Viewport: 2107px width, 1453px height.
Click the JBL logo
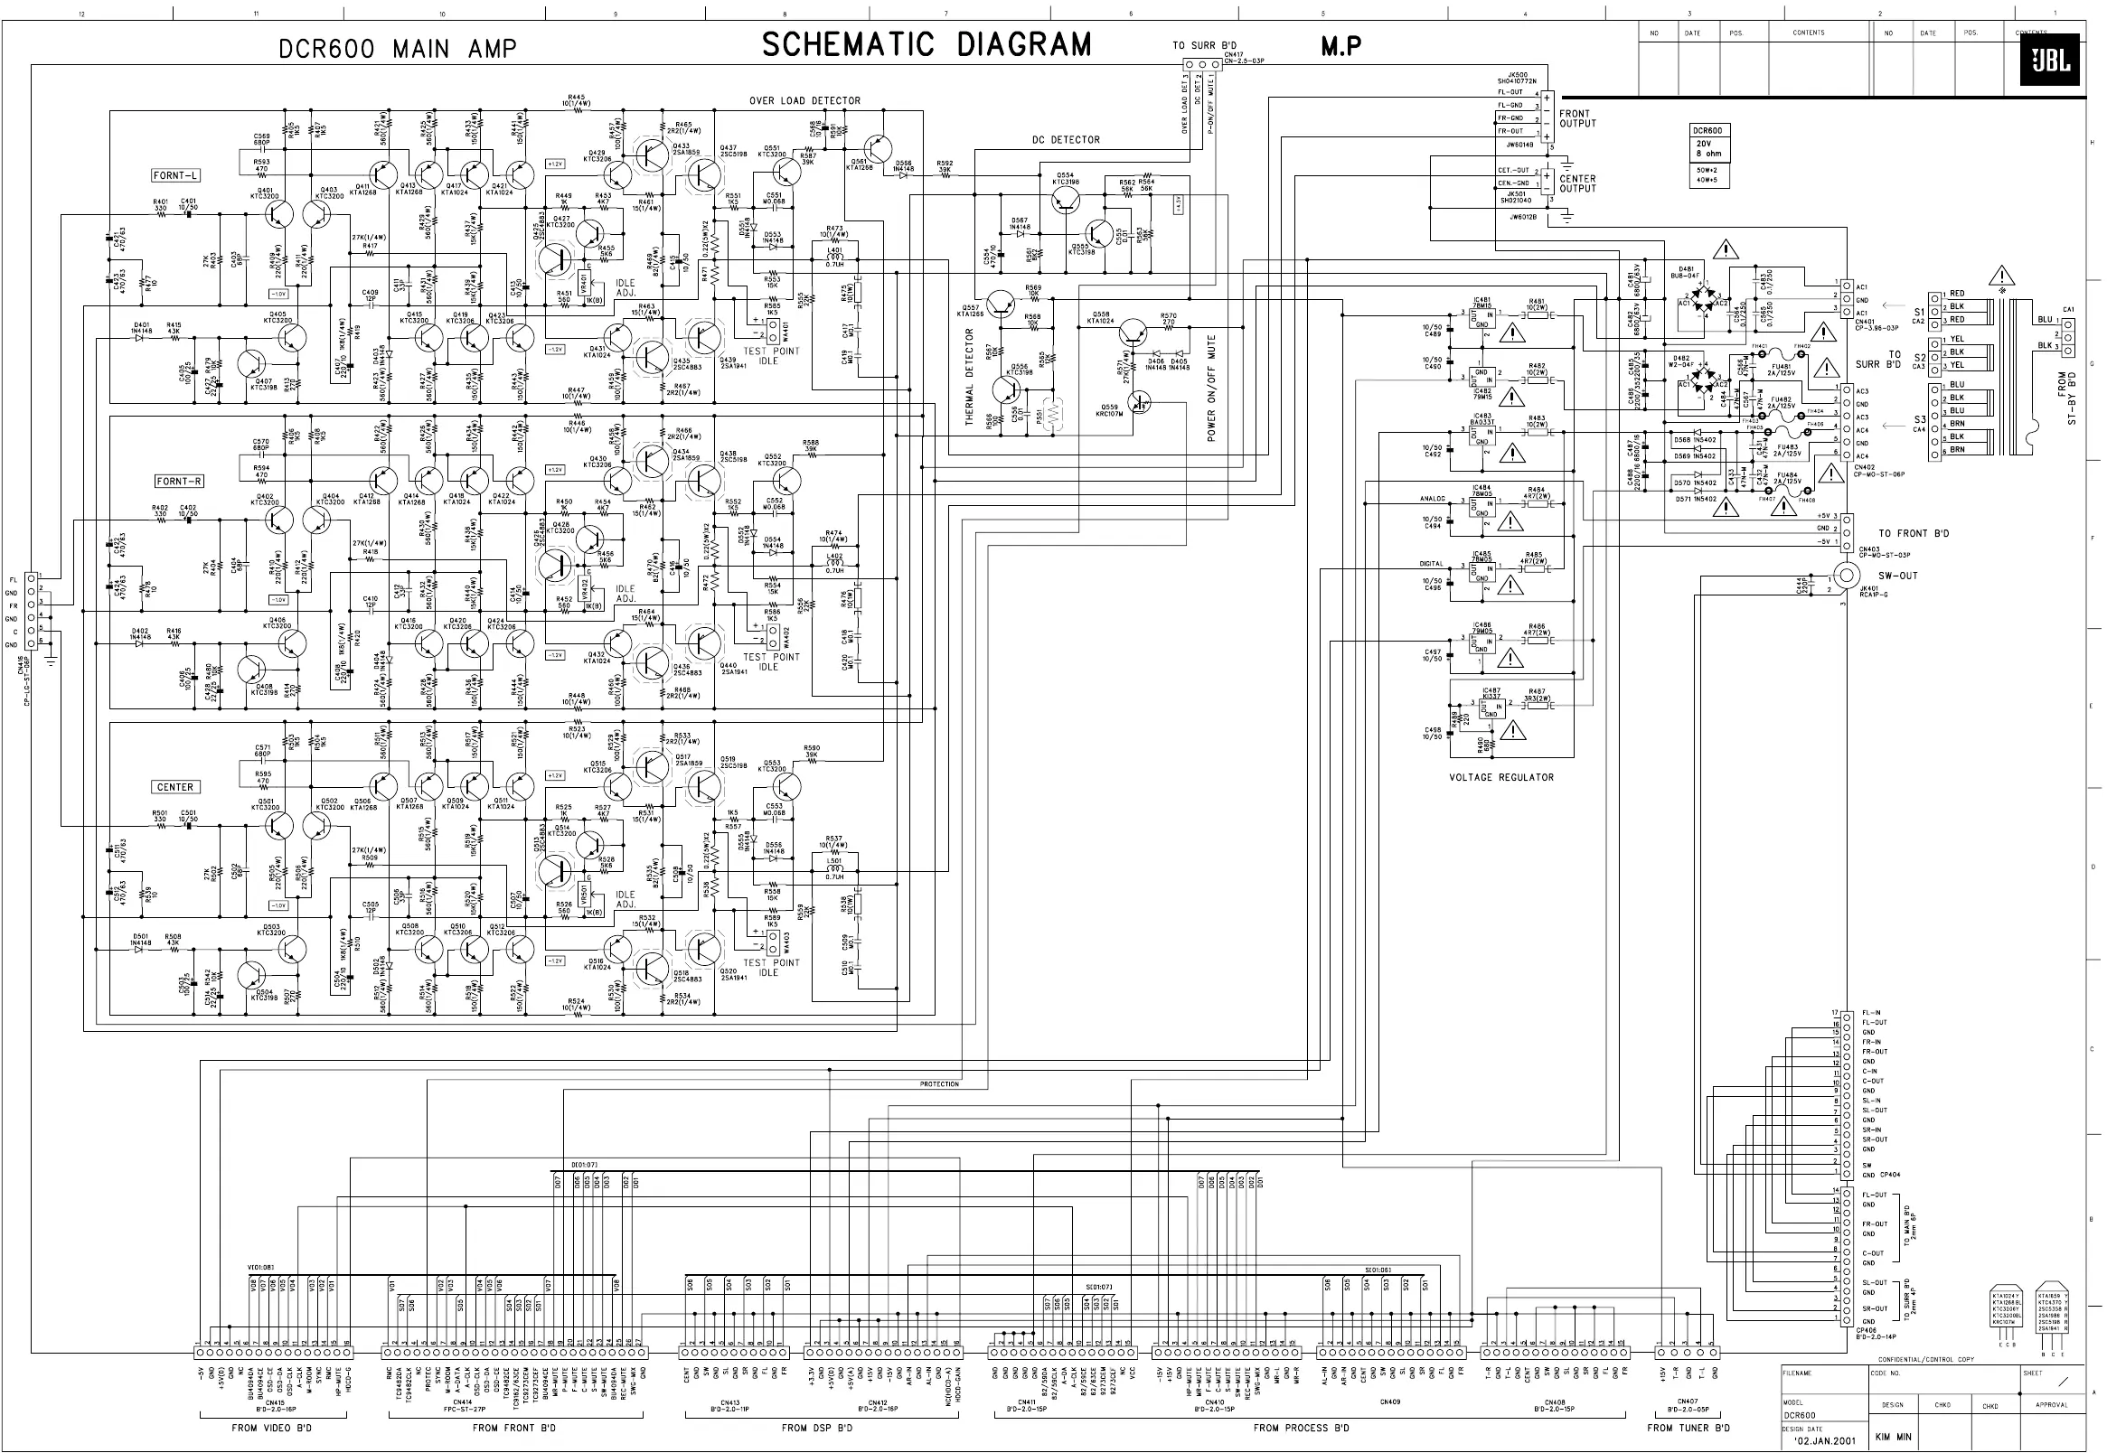pos(2049,60)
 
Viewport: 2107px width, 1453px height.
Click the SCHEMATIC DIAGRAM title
pos(926,44)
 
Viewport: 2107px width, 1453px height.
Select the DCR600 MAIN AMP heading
pos(398,49)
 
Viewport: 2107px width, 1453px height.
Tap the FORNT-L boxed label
pos(175,174)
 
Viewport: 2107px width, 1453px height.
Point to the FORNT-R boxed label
pos(179,481)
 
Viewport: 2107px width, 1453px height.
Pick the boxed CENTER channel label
pos(174,786)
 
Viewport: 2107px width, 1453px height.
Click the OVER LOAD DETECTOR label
pos(804,101)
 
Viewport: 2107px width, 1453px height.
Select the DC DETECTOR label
pos(1066,140)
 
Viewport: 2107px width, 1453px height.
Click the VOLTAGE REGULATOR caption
pos(1501,777)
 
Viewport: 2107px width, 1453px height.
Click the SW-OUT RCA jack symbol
pos(1846,576)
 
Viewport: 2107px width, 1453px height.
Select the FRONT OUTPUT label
pos(1577,119)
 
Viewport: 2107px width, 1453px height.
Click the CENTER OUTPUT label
pos(1577,184)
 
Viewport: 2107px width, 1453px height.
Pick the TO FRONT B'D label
pos(1913,533)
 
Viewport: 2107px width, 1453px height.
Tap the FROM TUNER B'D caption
pos(1688,1428)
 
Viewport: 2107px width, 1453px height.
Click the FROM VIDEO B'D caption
pos(271,1428)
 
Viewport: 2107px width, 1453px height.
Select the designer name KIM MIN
pos(1892,1438)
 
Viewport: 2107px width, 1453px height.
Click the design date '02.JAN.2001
pos(1824,1440)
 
